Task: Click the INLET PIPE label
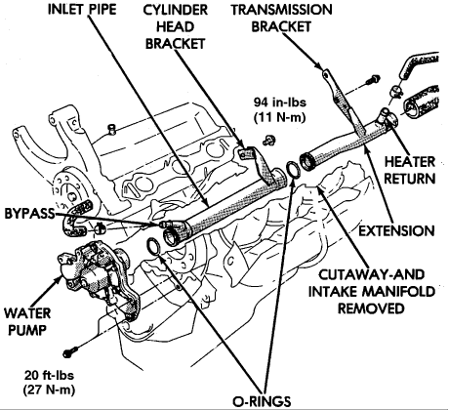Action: pyautogui.click(x=82, y=9)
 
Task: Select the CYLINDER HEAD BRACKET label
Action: pyautogui.click(x=176, y=26)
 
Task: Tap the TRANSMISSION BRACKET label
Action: pyautogui.click(x=282, y=19)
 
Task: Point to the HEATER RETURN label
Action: pyautogui.click(x=410, y=170)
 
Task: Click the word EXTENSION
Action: pyautogui.click(x=396, y=230)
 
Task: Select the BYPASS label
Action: pyautogui.click(x=29, y=214)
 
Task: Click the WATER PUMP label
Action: pyautogui.click(x=27, y=322)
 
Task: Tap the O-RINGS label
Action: pyautogui.click(x=262, y=401)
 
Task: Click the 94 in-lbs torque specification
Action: pyautogui.click(x=280, y=110)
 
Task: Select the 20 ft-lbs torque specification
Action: pyautogui.click(x=49, y=383)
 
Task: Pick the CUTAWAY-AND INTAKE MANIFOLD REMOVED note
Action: pyautogui.click(x=371, y=291)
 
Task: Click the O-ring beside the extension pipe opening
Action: pyautogui.click(x=294, y=169)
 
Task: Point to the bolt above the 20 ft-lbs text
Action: pyautogui.click(x=70, y=352)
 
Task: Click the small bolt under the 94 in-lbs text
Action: pyautogui.click(x=269, y=141)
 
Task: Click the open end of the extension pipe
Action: pyautogui.click(x=307, y=162)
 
